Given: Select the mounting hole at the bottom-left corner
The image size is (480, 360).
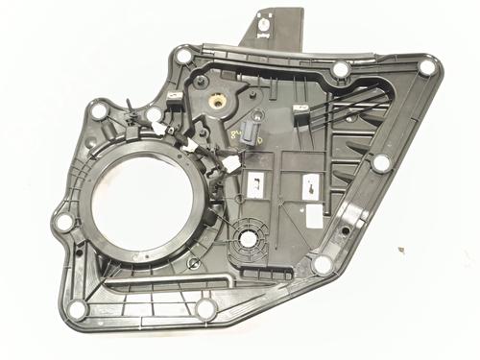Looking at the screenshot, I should (x=78, y=309).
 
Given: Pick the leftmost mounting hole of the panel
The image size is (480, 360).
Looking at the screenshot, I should (x=64, y=223).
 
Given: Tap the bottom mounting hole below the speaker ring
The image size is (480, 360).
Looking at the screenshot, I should (x=205, y=307).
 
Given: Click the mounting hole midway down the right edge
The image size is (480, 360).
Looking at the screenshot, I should (x=381, y=163).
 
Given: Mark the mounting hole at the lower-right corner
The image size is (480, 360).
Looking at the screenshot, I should (x=323, y=264).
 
